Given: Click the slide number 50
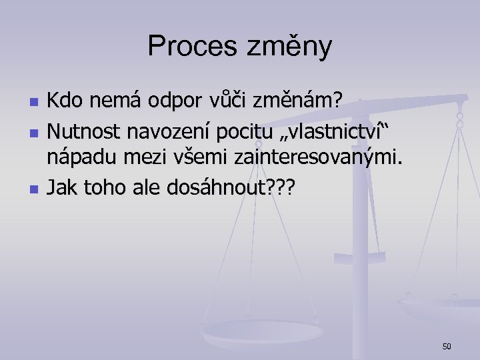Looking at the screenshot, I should coord(447,346).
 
